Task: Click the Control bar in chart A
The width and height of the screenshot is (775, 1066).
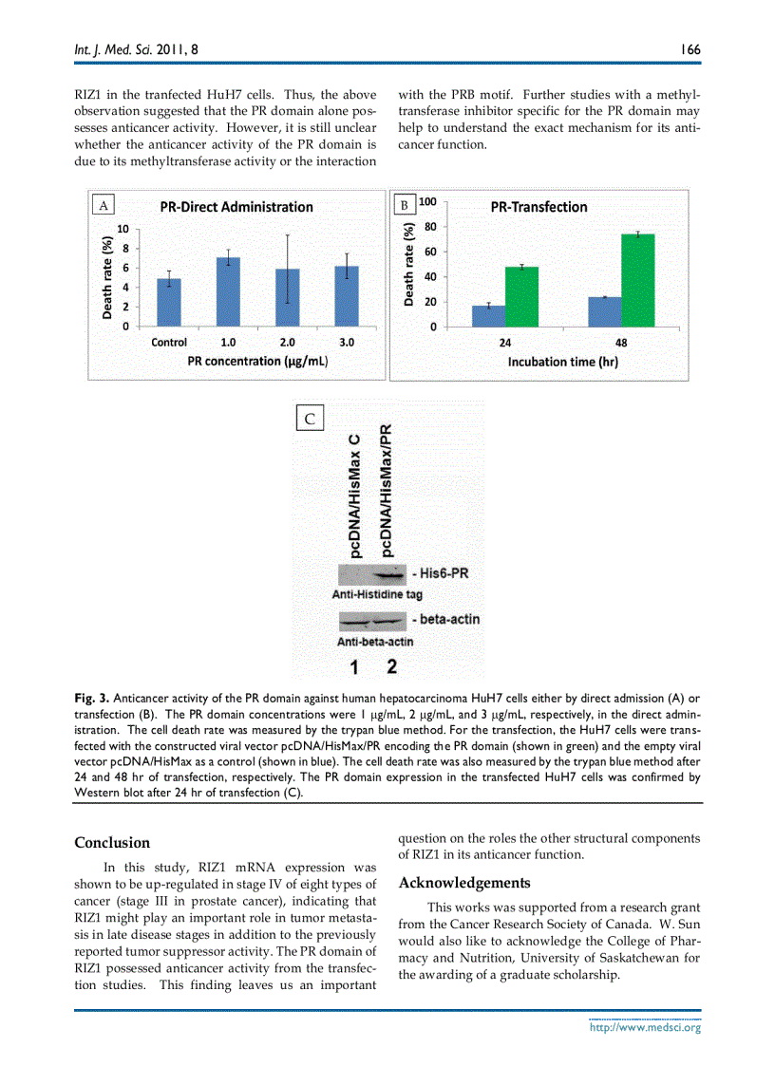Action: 168,303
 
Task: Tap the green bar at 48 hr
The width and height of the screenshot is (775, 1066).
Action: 637,280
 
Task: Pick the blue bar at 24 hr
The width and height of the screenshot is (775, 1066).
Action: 488,316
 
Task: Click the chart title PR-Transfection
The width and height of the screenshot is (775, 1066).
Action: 539,207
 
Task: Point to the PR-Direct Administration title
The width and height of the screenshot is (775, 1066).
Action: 236,207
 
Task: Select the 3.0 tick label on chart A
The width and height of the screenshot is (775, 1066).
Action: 347,343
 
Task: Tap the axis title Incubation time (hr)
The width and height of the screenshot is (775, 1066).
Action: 562,362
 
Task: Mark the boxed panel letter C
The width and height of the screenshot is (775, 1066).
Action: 311,419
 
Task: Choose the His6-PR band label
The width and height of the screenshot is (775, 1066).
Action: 444,573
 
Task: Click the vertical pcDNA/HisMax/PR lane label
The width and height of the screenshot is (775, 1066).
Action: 387,490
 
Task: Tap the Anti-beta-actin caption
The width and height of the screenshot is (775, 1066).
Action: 375,642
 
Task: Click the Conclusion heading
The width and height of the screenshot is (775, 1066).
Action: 112,842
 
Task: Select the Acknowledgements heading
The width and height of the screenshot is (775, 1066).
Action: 464,883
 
